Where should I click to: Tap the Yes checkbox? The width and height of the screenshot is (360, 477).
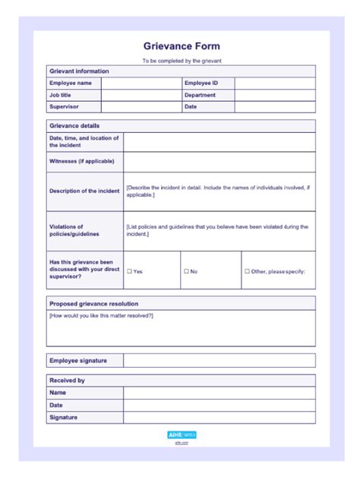(129, 271)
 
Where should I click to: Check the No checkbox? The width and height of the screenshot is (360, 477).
(185, 271)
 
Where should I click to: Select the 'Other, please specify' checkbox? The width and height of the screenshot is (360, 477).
(247, 271)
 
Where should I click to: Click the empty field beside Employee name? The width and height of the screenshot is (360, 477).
(141, 83)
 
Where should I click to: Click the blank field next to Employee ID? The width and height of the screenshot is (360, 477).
(274, 83)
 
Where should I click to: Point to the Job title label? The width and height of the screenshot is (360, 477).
(61, 95)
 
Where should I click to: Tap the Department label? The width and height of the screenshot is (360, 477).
(200, 95)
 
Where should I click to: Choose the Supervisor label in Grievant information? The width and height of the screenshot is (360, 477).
(64, 107)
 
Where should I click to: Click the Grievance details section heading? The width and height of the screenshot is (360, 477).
(74, 125)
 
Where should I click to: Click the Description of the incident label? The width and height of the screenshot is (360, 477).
(84, 191)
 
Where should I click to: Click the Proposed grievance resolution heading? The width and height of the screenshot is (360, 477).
(93, 304)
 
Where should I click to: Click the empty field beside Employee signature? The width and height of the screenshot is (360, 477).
(219, 360)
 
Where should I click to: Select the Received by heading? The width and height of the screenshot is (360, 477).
(67, 381)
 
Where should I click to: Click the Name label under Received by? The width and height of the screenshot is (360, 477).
(58, 393)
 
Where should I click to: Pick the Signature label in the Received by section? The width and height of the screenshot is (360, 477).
(64, 417)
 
